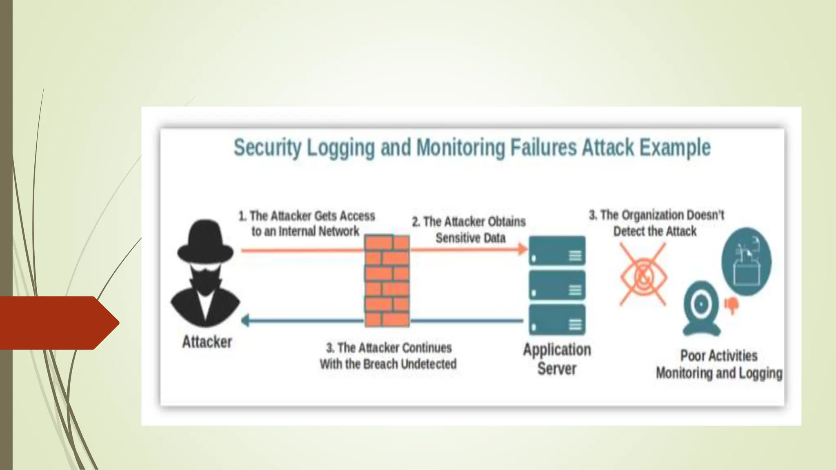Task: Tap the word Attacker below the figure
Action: [x=207, y=342]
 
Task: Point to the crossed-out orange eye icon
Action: [x=643, y=275]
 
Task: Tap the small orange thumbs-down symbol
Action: [x=731, y=304]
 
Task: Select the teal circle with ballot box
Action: [x=746, y=262]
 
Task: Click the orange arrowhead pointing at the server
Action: [x=522, y=249]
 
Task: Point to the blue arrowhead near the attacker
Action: [x=245, y=321]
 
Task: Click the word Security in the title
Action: [x=267, y=148]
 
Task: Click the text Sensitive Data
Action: [x=470, y=238]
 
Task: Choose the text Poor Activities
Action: [x=718, y=356]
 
